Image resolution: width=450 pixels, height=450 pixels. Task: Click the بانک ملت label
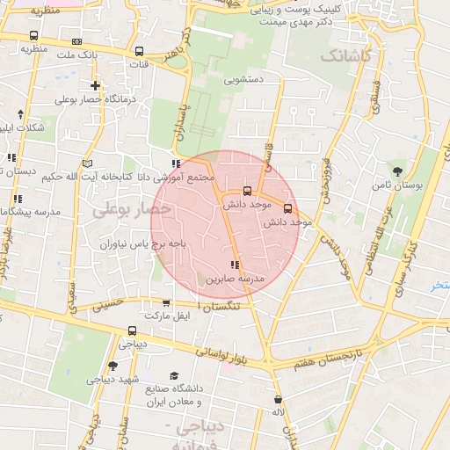point(100,54)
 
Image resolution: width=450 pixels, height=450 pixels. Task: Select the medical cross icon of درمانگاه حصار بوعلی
point(95,86)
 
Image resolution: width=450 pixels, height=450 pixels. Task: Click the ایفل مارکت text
point(166,315)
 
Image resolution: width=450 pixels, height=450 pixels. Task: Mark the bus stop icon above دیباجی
point(132,331)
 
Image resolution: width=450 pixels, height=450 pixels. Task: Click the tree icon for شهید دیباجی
point(112,366)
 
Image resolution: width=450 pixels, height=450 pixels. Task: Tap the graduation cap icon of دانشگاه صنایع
point(173,375)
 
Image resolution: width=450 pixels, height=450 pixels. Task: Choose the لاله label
point(278,412)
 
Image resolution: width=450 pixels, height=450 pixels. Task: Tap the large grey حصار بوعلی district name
point(130,210)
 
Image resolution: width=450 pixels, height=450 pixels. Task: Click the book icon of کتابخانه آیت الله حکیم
point(86,163)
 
